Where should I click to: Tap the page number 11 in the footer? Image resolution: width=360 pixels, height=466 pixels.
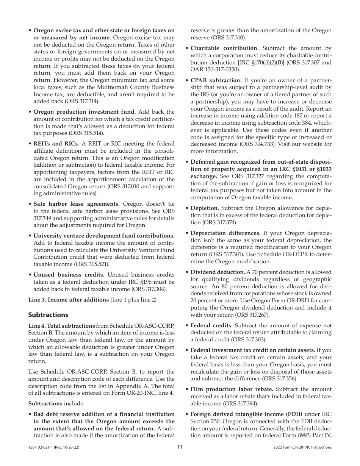[x=180, y=447]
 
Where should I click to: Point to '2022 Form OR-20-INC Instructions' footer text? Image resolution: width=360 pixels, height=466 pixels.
[x=302, y=447]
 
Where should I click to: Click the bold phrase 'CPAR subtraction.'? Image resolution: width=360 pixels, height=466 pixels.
[x=216, y=80]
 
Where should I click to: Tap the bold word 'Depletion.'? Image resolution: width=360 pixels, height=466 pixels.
[x=205, y=208]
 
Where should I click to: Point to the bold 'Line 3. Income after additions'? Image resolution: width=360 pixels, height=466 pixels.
[x=69, y=300]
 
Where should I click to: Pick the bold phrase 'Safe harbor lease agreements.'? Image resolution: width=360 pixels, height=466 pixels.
[x=77, y=204]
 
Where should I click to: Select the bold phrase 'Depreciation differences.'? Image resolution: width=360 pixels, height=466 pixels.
[x=225, y=233]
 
